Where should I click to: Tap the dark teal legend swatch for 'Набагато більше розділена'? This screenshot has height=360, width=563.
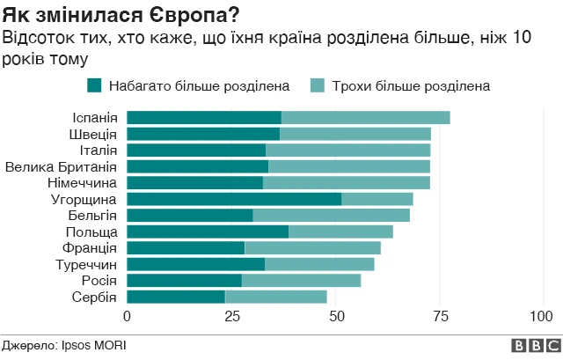pyautogui.click(x=94, y=85)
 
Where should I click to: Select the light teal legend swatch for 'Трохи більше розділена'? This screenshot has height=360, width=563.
pyautogui.click(x=318, y=85)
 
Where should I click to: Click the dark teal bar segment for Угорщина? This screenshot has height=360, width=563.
pyautogui.click(x=234, y=199)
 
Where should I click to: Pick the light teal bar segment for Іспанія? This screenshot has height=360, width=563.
pyautogui.click(x=365, y=118)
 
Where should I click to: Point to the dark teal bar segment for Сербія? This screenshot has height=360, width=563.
pyautogui.click(x=176, y=297)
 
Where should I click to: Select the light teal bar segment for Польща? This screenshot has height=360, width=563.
pyautogui.click(x=340, y=231)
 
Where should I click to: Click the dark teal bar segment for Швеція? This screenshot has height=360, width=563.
pyautogui.click(x=203, y=134)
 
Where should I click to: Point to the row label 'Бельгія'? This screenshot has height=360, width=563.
pyautogui.click(x=92, y=216)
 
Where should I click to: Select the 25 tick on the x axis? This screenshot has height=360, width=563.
pyautogui.click(x=231, y=316)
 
